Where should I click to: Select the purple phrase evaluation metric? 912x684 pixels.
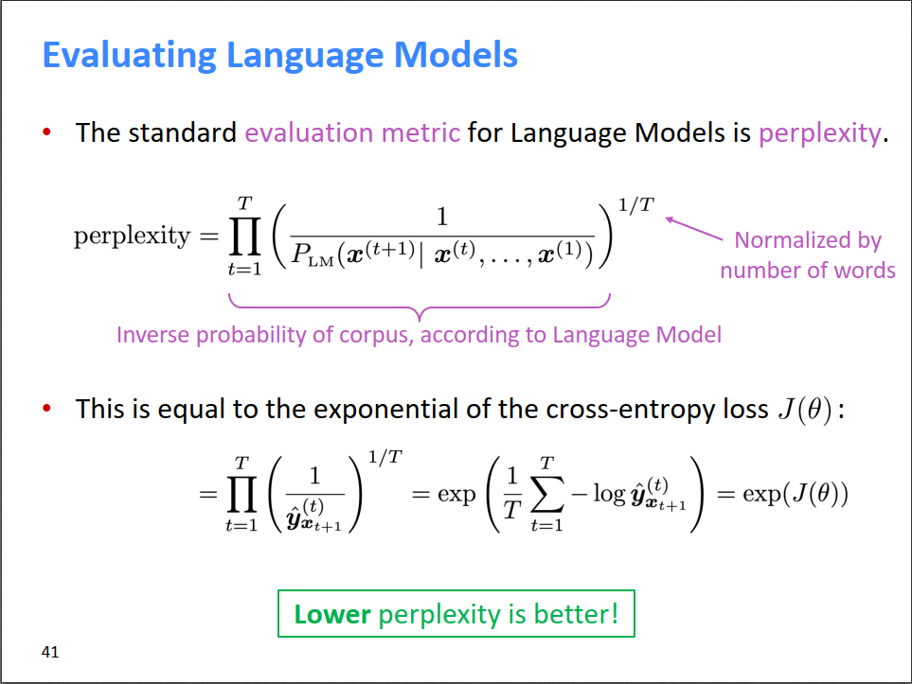pyautogui.click(x=352, y=133)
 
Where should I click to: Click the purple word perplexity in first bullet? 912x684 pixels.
pyautogui.click(x=820, y=134)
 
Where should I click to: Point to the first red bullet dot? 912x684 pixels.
pyautogui.click(x=47, y=132)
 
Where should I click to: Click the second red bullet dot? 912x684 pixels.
pyautogui.click(x=47, y=408)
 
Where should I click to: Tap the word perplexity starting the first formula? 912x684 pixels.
pyautogui.click(x=132, y=237)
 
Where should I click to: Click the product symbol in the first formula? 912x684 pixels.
pyautogui.click(x=245, y=237)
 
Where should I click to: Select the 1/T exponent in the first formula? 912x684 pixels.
pyautogui.click(x=635, y=204)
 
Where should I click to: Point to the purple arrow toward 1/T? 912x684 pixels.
pyautogui.click(x=694, y=228)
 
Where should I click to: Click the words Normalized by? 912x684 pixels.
pyautogui.click(x=808, y=240)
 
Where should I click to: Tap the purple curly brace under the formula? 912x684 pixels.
pyautogui.click(x=420, y=307)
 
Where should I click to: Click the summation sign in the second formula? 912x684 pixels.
pyautogui.click(x=547, y=494)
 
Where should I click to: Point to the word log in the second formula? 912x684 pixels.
pyautogui.click(x=609, y=495)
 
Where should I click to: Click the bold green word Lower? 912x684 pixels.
pyautogui.click(x=332, y=614)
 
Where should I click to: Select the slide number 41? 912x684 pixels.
pyautogui.click(x=50, y=652)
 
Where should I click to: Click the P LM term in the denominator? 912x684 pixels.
pyautogui.click(x=313, y=254)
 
